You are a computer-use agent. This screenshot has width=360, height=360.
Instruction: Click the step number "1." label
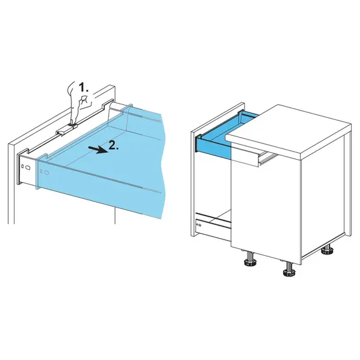pos(83,88)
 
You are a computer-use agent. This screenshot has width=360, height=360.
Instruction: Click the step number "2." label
pos(114,145)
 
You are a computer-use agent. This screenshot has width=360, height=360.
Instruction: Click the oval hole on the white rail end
pos(28,167)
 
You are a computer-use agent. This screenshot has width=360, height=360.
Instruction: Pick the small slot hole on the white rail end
pos(23,166)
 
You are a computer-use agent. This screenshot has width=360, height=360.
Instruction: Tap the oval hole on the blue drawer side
pos(47,172)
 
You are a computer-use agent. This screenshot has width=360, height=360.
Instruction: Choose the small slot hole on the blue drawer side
pos(41,171)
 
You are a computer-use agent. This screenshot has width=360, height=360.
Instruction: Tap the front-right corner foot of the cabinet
pos(289,270)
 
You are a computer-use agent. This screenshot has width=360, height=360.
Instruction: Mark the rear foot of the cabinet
pos(328,249)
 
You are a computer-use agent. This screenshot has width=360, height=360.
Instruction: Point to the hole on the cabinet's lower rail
pos(200,225)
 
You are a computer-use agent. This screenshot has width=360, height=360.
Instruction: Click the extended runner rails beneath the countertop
pos(268,157)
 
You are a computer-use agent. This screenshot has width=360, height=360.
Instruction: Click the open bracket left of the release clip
pos(61,133)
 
